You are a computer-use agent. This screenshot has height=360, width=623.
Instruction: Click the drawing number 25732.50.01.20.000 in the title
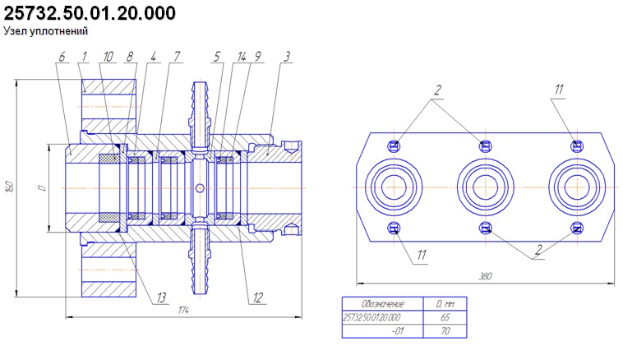[90, 13]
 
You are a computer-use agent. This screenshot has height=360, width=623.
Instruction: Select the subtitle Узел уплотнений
[46, 31]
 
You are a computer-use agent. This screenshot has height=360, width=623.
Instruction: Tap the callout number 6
[62, 57]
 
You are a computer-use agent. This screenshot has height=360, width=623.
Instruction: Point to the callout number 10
[108, 57]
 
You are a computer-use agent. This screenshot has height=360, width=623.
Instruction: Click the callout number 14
[242, 57]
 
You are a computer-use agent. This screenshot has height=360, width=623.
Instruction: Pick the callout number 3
[287, 57]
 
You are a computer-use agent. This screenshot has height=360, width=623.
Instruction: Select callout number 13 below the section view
[161, 298]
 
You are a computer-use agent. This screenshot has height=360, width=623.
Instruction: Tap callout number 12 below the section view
[258, 298]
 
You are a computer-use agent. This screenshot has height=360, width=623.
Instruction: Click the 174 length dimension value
[183, 310]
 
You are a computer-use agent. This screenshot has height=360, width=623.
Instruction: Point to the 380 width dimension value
[485, 276]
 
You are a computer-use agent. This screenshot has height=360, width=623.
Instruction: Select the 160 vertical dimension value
[11, 187]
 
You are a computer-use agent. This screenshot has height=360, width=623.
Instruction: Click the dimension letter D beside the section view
[42, 187]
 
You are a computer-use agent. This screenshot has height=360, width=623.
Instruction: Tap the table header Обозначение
[383, 304]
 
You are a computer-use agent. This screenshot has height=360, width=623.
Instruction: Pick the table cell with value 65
[445, 317]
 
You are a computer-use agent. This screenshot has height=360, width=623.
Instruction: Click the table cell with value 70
[445, 330]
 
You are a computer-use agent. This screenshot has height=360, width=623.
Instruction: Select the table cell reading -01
[397, 330]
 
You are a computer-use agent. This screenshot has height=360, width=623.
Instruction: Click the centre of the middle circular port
[485, 187]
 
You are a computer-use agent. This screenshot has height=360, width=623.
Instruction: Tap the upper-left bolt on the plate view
[394, 145]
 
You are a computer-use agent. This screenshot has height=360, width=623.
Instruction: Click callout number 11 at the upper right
[559, 90]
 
